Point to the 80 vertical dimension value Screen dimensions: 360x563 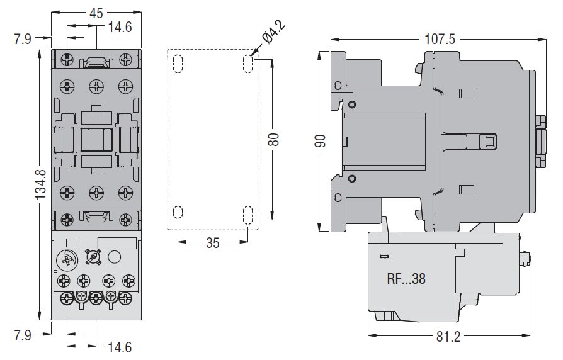273,138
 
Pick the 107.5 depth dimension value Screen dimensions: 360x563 439,38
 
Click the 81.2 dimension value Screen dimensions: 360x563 446,337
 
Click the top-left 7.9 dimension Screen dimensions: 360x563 22,40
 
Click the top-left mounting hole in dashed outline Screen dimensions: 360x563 178,64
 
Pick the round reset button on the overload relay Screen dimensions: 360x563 114,257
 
